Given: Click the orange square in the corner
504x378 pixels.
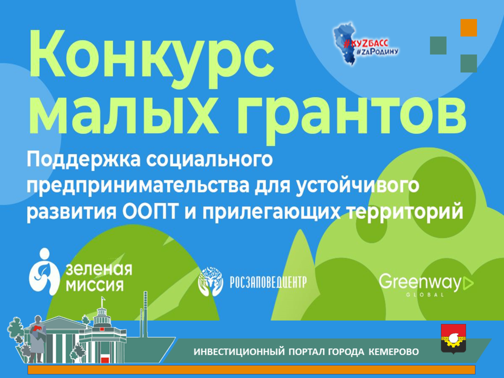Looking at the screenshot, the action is pos(469,28).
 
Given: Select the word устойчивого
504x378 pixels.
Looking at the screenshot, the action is pos(357,186).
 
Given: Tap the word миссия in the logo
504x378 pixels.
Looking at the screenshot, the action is pos(95,286).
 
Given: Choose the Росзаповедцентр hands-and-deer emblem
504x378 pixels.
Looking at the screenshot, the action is pos(211,281).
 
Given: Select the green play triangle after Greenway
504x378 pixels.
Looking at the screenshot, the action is pos(468,284).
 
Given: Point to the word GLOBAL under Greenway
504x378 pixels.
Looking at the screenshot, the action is pos(425,295).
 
